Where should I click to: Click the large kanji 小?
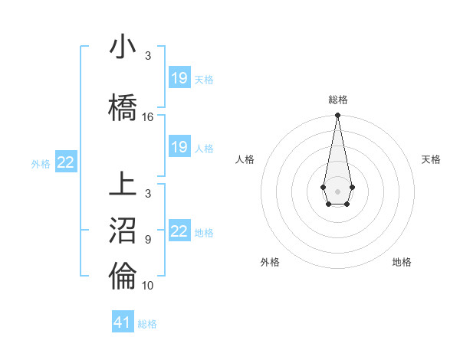pyautogui.click(x=123, y=47)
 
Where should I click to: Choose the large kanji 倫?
pyautogui.click(x=123, y=277)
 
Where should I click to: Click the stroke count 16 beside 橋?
pyautogui.click(x=148, y=117)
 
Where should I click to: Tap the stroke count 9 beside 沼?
pyautogui.click(x=148, y=240)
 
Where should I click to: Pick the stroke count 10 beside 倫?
pyautogui.click(x=148, y=286)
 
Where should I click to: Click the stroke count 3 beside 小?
pyautogui.click(x=148, y=56)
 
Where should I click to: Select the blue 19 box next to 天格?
pyautogui.click(x=179, y=78)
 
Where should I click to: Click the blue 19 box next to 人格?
pyautogui.click(x=179, y=147)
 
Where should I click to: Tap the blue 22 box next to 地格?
pyautogui.click(x=179, y=231)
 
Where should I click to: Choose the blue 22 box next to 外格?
pyautogui.click(x=66, y=162)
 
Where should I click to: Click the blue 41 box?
pyautogui.click(x=123, y=322)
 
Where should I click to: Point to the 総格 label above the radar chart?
pyautogui.click(x=337, y=100)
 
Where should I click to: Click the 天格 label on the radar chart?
pyautogui.click(x=431, y=159)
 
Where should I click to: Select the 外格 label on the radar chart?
pyautogui.click(x=270, y=262)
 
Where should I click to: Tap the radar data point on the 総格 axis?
pyautogui.click(x=337, y=116)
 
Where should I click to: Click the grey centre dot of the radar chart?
pyautogui.click(x=337, y=190)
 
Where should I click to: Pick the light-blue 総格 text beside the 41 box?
pyautogui.click(x=147, y=324)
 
